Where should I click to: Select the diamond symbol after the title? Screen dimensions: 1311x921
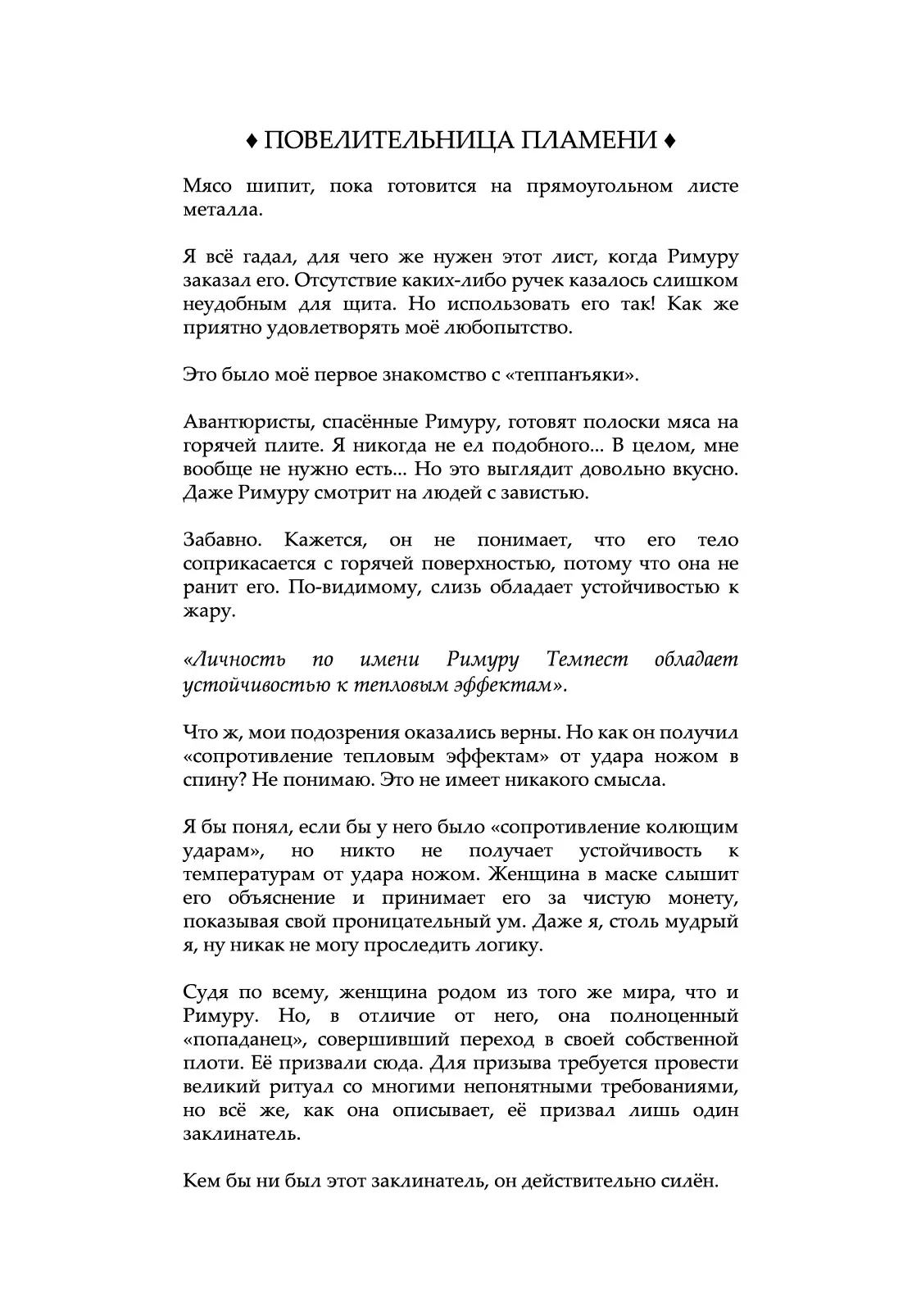(x=669, y=142)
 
